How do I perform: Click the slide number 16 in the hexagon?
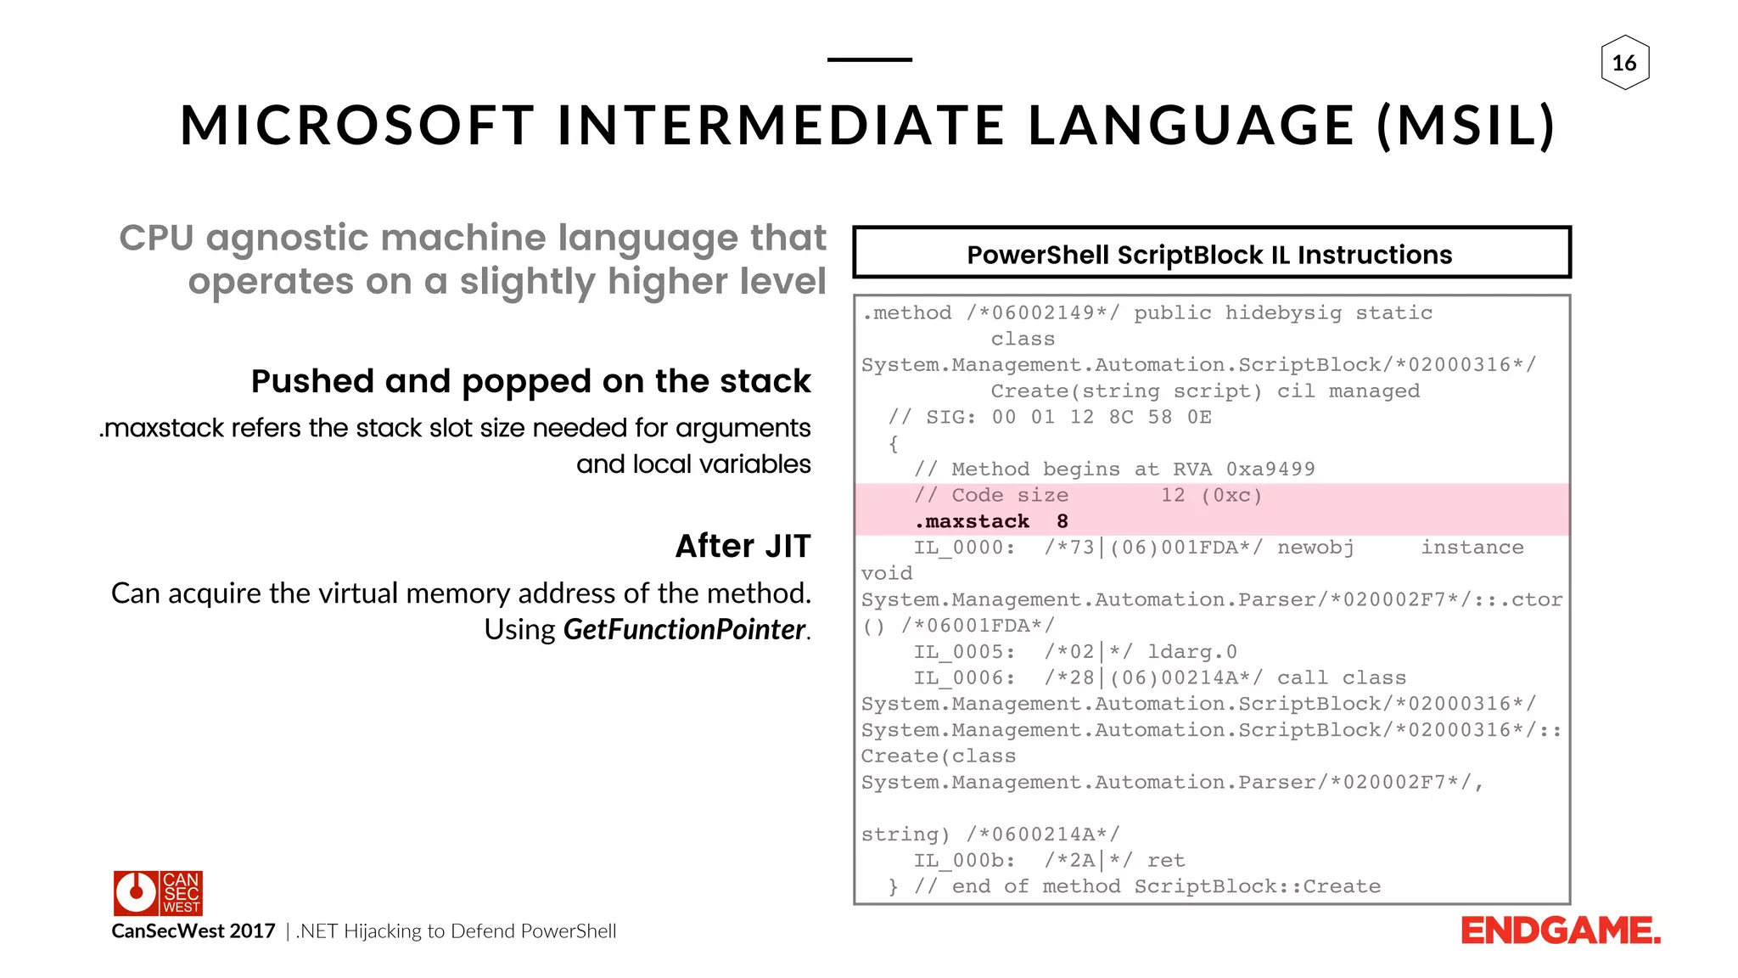(1624, 63)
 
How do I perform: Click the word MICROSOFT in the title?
(357, 126)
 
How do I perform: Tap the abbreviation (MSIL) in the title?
(1466, 126)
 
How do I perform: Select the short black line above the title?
(869, 59)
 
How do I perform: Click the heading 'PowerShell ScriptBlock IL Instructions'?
(1209, 255)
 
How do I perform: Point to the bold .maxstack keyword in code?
(972, 521)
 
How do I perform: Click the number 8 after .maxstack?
(1062, 521)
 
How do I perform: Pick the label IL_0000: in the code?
(964, 548)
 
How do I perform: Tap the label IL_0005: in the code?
(964, 652)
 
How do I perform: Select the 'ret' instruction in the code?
(1165, 861)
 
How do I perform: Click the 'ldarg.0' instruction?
(1191, 652)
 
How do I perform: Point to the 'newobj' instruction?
(1315, 548)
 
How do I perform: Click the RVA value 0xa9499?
(1270, 469)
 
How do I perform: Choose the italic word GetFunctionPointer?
(683, 629)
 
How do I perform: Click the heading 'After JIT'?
(743, 546)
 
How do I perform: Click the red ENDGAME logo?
(1560, 931)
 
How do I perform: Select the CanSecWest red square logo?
(158, 892)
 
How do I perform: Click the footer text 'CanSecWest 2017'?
(193, 931)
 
